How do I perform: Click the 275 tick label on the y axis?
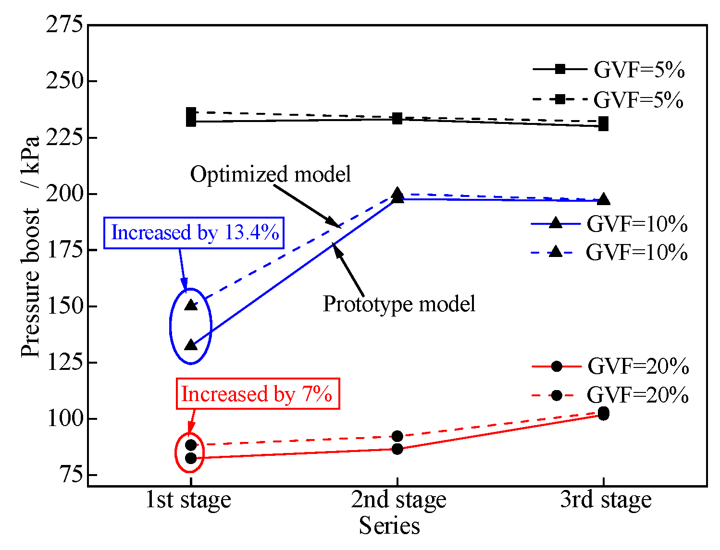(64, 25)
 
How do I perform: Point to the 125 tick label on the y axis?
(64, 362)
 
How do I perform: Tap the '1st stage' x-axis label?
(188, 500)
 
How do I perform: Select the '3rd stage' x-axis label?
(606, 500)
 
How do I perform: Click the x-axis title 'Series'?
(389, 526)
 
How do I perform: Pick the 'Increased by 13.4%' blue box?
(194, 233)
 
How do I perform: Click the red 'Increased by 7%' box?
(258, 394)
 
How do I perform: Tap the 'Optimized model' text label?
(271, 174)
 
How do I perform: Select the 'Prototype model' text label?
(399, 304)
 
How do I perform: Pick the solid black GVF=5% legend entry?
(608, 70)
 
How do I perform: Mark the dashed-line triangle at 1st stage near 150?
(191, 305)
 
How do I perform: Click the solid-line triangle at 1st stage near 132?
(191, 345)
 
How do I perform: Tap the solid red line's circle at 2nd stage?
(397, 449)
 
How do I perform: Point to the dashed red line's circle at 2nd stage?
(397, 436)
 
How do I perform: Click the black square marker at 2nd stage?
(397, 118)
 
